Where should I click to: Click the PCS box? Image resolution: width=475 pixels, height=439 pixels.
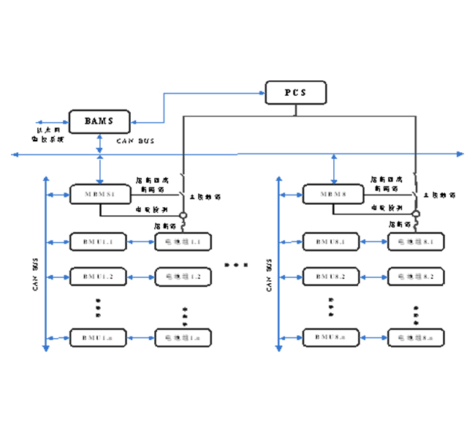[x=295, y=93]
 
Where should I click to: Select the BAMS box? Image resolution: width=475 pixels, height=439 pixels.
[x=99, y=120]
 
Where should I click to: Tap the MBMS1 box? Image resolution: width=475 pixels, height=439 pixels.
[x=99, y=195]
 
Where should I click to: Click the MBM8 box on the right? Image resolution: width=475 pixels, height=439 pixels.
[x=333, y=195]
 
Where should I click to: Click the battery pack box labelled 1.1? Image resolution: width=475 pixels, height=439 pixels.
[x=183, y=241]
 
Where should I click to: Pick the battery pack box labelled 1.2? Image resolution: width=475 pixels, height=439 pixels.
[x=183, y=276]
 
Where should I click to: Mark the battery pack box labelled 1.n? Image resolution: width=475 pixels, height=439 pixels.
[x=183, y=337]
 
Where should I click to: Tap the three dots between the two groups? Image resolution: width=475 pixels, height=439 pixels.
[x=235, y=264]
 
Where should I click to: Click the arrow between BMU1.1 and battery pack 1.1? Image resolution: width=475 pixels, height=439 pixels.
[x=141, y=241]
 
